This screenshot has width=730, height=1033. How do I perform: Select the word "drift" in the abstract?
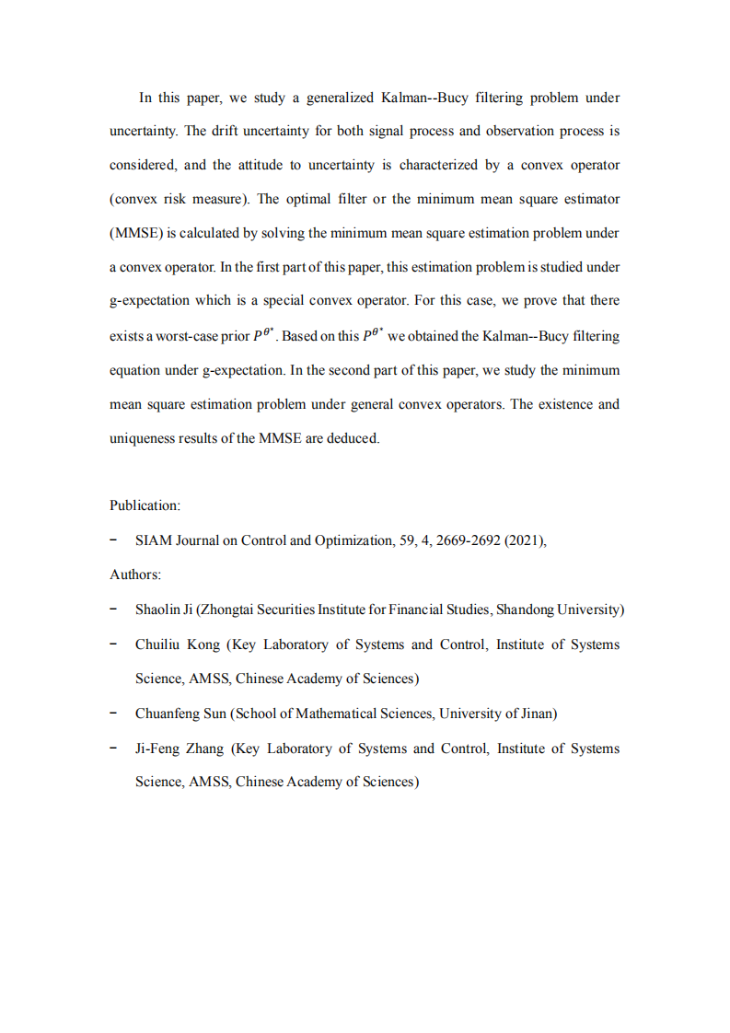tap(226, 131)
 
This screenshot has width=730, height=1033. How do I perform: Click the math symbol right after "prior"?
tap(265, 334)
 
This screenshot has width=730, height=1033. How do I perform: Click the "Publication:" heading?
tap(145, 505)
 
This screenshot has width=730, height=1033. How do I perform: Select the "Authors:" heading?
tap(135, 575)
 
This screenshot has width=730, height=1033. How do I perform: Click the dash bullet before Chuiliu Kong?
tap(112, 644)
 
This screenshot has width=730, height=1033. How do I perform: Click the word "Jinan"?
tap(535, 714)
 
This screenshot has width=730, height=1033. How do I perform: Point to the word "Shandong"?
tap(525, 609)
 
